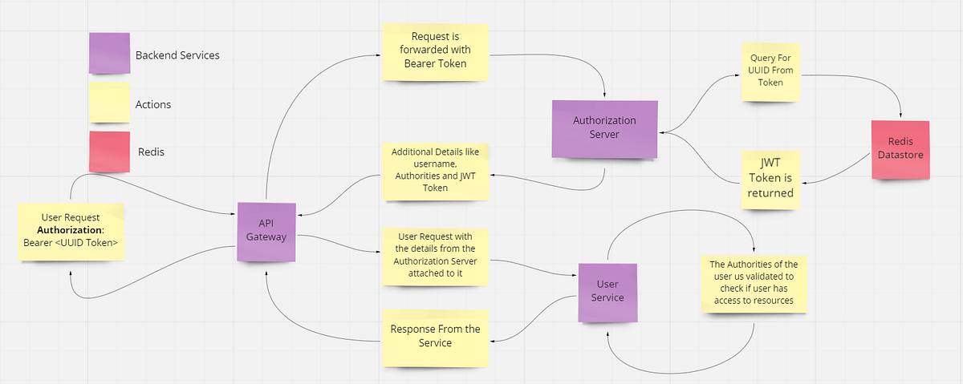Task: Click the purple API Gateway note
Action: (x=266, y=232)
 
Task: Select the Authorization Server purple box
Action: (x=604, y=127)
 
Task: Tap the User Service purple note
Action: (x=607, y=291)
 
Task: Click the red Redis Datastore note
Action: (x=900, y=149)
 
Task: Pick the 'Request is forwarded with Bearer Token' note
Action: (x=436, y=51)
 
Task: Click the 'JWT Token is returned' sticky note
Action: (x=770, y=179)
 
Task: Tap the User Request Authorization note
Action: (x=71, y=231)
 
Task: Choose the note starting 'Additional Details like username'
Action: (x=435, y=170)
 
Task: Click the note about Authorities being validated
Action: (x=752, y=282)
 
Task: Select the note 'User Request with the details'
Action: (x=435, y=256)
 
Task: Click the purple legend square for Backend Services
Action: (x=108, y=54)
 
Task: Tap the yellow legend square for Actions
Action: (x=108, y=103)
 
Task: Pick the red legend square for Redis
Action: (x=108, y=151)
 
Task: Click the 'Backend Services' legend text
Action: (x=177, y=55)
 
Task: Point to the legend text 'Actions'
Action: (x=152, y=104)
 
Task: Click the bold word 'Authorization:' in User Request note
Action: (x=71, y=231)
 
